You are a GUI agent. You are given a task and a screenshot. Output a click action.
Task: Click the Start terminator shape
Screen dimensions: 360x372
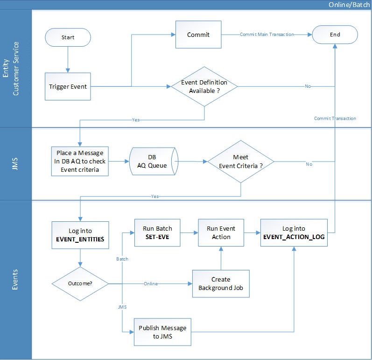(x=68, y=37)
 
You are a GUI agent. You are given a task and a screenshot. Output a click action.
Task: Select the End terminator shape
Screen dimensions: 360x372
(x=335, y=35)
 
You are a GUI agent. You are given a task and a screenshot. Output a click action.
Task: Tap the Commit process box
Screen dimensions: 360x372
(x=198, y=35)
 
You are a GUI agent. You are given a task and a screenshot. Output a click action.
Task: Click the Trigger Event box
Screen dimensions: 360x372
(x=68, y=86)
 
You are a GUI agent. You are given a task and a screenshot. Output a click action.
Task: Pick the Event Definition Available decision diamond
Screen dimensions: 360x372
(x=204, y=86)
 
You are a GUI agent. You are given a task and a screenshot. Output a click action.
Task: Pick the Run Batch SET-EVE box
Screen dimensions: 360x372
(x=157, y=233)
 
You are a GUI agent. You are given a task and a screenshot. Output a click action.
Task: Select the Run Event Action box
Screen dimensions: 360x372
(x=221, y=233)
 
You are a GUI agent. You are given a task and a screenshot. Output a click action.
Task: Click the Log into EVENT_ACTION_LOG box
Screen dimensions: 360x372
(x=294, y=233)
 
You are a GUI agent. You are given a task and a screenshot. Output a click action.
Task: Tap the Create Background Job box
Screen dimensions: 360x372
(x=221, y=283)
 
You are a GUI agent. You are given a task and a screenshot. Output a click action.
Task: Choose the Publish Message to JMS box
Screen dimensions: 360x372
(x=162, y=332)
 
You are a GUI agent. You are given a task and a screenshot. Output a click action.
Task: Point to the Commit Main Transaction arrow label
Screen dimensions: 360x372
(x=267, y=35)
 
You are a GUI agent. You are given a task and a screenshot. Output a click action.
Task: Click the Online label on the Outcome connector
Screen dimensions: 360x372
(x=151, y=283)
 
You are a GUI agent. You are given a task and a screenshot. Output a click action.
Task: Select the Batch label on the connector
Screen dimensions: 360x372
(x=122, y=258)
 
